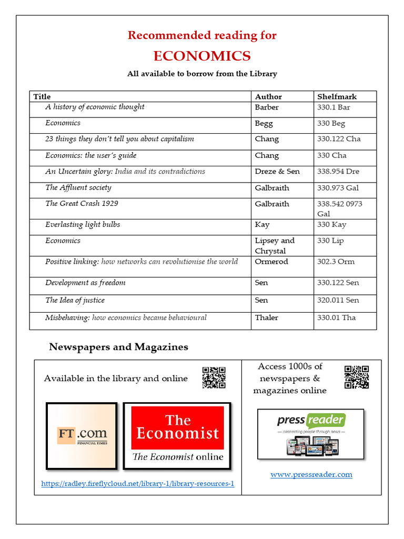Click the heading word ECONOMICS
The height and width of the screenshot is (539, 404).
tap(202, 56)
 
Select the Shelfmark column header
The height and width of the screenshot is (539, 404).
tap(337, 96)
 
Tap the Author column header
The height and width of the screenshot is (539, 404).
tap(268, 96)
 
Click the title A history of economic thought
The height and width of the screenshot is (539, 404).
tap(95, 107)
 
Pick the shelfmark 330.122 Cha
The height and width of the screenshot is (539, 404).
tap(339, 139)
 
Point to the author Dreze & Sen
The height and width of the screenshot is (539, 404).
tap(277, 172)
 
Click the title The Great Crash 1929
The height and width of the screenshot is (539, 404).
tap(79, 204)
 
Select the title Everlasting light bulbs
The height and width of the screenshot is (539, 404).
tap(83, 224)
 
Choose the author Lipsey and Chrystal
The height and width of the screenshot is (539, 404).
tap(275, 245)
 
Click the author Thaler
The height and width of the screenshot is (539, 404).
tap(267, 317)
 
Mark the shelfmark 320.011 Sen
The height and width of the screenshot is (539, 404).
tap(338, 300)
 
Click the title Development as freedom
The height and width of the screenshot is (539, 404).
tap(85, 283)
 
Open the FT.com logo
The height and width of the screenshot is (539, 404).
tap(82, 436)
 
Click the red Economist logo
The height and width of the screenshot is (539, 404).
tap(177, 427)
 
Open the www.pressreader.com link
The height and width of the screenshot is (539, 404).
tap(311, 474)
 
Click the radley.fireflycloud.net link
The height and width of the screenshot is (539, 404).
tap(137, 483)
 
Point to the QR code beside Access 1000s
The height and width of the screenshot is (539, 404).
tap(356, 377)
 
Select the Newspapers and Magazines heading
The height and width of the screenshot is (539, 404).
tap(118, 347)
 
